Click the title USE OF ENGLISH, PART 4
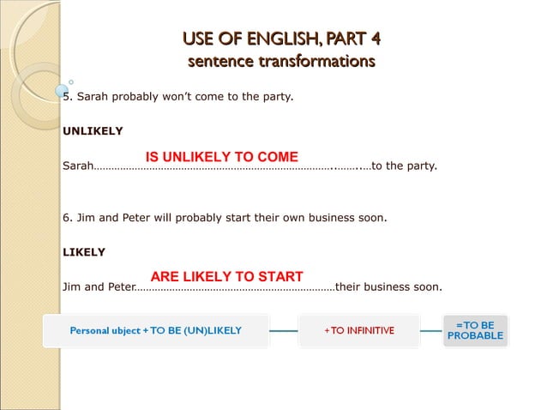pos(281,39)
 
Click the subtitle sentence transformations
pos(281,61)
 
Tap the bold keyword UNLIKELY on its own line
pos(93,131)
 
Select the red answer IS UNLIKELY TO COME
pos(222,157)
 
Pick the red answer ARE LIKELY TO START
pos(226,276)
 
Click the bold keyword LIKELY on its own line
pos(84,252)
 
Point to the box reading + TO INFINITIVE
pos(358,330)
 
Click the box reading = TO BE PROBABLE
pos(475,330)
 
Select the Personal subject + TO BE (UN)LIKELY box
pos(155,330)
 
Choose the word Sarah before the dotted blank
pos(78,166)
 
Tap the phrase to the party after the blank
pos(404,166)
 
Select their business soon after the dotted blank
pos(388,286)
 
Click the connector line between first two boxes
pos(283,330)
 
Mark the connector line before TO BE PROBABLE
pos(431,330)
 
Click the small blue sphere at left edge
pos(62,90)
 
